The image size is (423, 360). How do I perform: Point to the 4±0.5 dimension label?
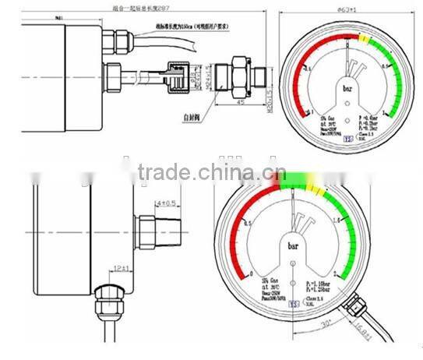[x=165, y=204]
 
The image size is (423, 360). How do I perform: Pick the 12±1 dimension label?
[x=121, y=269]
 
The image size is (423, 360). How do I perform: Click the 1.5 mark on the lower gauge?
[x=339, y=221]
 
